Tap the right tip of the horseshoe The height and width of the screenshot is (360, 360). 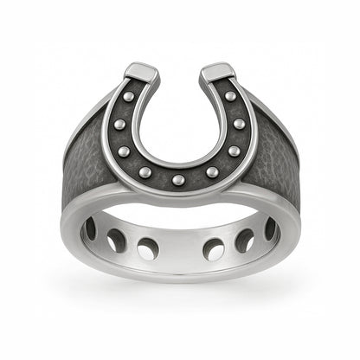click(x=218, y=72)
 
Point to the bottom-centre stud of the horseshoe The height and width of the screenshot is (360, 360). click(x=178, y=179)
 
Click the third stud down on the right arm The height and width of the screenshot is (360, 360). click(x=234, y=151)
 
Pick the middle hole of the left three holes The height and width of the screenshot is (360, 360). click(x=115, y=241)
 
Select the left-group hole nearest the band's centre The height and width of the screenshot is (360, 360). click(x=147, y=249)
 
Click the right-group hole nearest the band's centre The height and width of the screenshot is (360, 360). click(x=213, y=249)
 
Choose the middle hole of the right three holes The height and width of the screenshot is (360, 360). click(x=245, y=241)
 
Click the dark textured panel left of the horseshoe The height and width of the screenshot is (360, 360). click(x=82, y=164)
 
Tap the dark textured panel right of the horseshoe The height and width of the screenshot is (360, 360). click(x=277, y=164)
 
